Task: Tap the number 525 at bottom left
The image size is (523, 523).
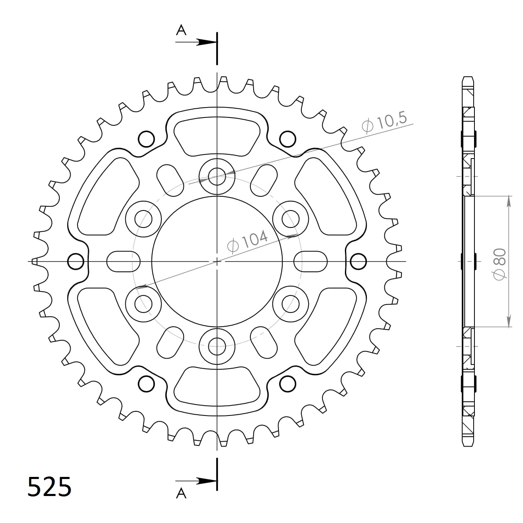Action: coord(49,486)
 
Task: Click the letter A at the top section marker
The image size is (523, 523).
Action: coord(181,30)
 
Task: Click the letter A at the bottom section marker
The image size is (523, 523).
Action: coord(181,493)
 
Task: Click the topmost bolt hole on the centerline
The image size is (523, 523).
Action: coord(217,176)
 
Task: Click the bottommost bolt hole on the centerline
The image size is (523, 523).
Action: coord(217,345)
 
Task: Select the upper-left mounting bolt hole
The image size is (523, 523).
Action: coord(144,219)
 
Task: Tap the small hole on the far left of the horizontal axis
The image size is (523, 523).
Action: coord(76,261)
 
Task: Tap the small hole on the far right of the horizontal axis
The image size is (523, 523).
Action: coord(358,261)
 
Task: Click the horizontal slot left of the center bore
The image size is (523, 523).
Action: coord(123,261)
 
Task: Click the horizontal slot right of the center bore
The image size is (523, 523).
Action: coord(310,261)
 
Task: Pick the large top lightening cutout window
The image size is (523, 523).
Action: coord(217,134)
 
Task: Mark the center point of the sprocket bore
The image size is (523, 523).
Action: coord(217,261)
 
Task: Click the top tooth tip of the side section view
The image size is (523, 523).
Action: coord(467,79)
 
